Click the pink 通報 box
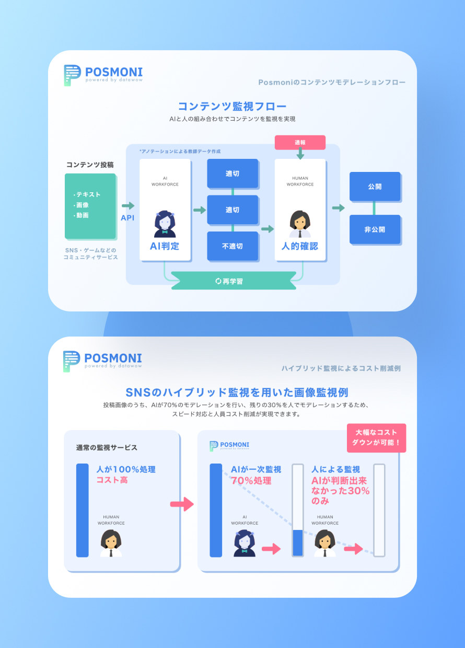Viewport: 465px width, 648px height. click(300, 142)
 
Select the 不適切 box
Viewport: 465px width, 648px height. click(233, 246)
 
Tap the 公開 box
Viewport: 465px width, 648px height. click(375, 186)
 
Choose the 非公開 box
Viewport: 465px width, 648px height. click(375, 229)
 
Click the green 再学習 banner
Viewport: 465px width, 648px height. click(234, 281)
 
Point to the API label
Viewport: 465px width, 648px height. click(127, 217)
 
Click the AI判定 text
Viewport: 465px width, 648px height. click(165, 246)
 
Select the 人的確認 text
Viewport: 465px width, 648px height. click(300, 246)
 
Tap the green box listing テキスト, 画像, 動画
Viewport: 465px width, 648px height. click(90, 206)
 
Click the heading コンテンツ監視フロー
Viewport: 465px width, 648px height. click(232, 106)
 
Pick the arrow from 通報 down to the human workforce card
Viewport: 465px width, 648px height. click(300, 154)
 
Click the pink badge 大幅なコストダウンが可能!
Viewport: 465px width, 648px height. click(376, 438)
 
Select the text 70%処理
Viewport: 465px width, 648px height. click(251, 480)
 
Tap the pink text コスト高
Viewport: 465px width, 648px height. click(112, 480)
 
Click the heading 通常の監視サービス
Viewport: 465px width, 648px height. click(107, 447)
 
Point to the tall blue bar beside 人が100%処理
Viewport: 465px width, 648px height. click(83, 510)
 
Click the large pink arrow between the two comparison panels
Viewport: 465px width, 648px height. click(182, 504)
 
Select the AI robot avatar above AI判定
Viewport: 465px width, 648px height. click(165, 224)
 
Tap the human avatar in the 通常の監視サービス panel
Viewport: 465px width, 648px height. click(111, 543)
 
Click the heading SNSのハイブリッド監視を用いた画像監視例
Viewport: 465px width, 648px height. click(237, 392)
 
